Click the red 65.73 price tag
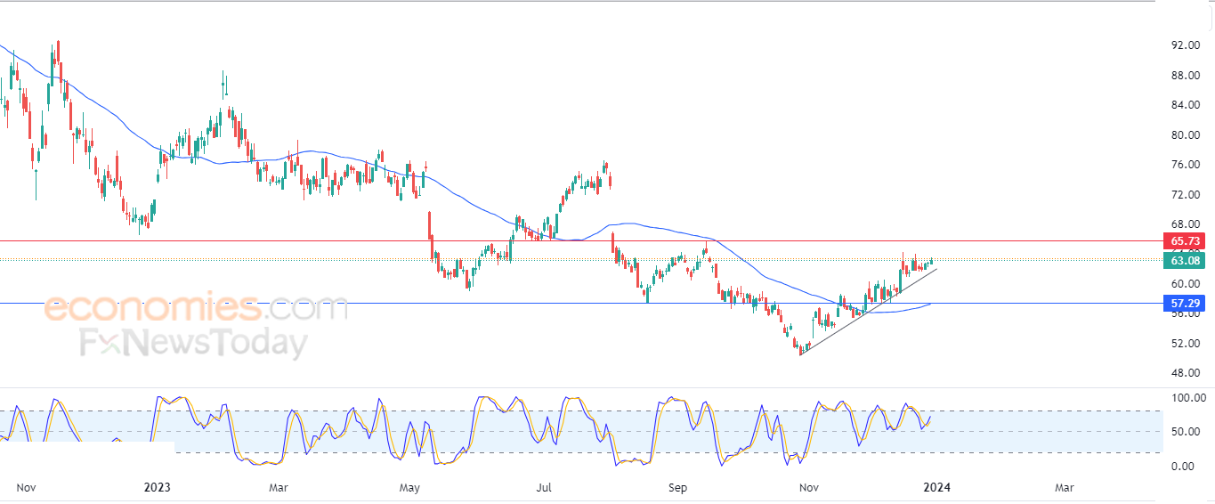[1184, 241]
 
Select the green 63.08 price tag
[1184, 260]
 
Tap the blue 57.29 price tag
[1184, 304]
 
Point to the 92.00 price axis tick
[1183, 45]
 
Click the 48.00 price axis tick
[1183, 373]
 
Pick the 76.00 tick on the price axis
[1183, 165]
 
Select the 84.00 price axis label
[1183, 105]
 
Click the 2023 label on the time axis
[157, 487]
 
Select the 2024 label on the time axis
[936, 487]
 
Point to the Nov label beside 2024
[809, 487]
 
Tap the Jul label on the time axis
[545, 487]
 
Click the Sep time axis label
[678, 487]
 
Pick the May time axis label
[409, 487]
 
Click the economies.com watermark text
[196, 309]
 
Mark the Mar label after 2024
[1064, 487]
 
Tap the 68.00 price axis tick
[1183, 224]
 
